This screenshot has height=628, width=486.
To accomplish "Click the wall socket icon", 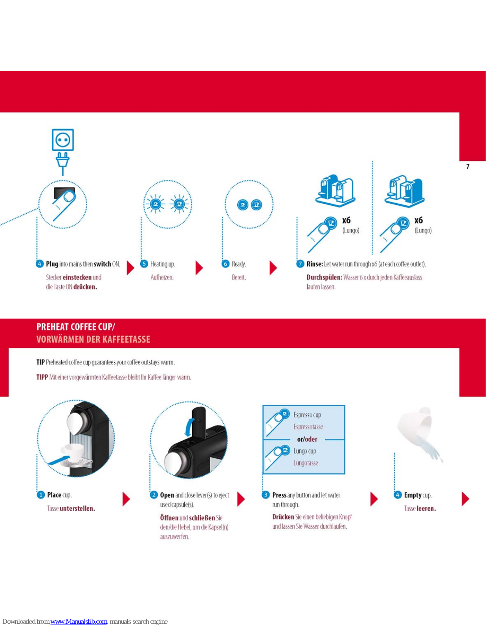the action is [63, 140].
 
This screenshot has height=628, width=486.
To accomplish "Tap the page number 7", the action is [468, 166].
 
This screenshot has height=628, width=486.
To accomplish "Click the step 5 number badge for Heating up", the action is [144, 264].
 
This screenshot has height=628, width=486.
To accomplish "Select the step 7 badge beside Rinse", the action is [300, 264].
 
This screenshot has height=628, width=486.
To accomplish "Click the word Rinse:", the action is [315, 264].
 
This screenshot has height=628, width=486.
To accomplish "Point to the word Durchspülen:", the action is [324, 277].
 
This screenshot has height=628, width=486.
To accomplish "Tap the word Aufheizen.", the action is [162, 277].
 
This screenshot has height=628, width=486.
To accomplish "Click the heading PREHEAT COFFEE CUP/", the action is [76, 327].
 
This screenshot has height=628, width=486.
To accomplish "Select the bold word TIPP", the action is [42, 377].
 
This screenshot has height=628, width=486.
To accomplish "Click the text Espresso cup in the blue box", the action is [307, 415].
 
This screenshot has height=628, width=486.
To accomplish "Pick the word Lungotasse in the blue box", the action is [306, 463].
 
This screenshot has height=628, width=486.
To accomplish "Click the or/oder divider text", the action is [307, 439].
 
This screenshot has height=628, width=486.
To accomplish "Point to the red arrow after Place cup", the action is [126, 499].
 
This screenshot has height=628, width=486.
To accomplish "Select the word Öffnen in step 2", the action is [169, 518].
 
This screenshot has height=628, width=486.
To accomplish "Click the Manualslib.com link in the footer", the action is [79, 621].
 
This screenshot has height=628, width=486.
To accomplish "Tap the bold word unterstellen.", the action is [77, 509].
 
